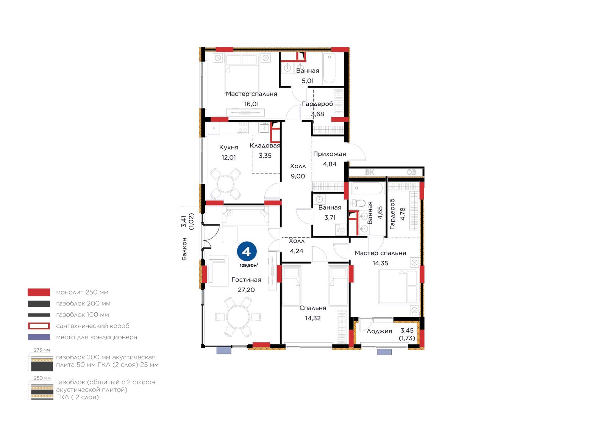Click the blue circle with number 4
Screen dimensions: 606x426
pos(247,251)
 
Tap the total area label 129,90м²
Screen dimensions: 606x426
pos(248,265)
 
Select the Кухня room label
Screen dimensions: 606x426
pos(229,147)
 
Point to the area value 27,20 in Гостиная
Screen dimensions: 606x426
pos(246,290)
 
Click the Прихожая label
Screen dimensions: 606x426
pos(330,154)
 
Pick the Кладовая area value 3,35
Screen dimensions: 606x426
pos(265,156)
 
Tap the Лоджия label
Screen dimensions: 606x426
pos(379,331)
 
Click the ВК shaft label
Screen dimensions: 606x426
pos(369,172)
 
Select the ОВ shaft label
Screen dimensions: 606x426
pos(411,172)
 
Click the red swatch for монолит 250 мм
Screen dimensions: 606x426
pos(39,292)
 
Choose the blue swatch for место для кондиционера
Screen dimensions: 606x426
pos(39,337)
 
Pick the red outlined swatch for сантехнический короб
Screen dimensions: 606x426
pos(39,326)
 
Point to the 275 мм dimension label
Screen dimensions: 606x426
pos(42,350)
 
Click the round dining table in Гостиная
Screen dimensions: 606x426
pos(238,317)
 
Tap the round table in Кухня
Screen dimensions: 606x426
pos(225,184)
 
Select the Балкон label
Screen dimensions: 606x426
pos(184,249)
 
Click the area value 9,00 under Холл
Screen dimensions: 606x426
pos(298,176)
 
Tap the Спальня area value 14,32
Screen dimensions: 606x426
pos(313,318)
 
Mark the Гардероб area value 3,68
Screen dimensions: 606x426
pos(317,114)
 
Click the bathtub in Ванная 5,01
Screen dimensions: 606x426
pos(329,69)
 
